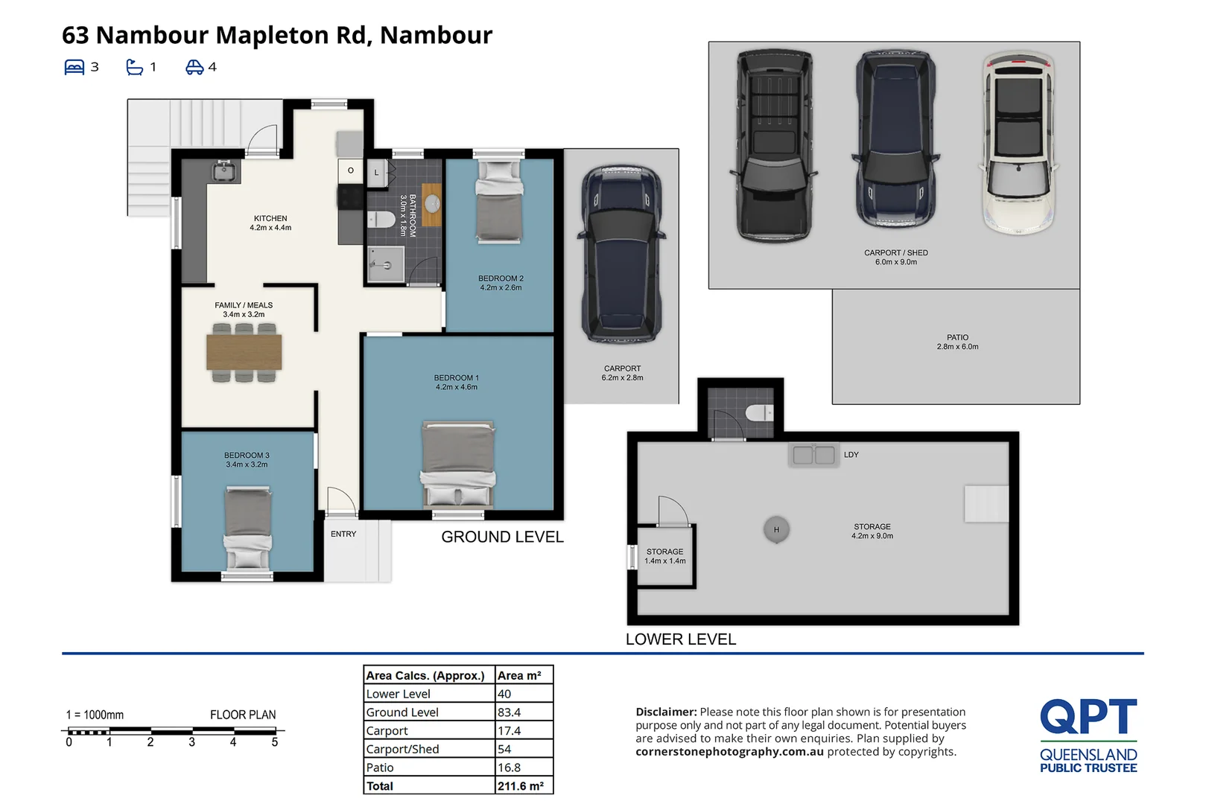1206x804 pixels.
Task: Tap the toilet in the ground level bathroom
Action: tap(381, 219)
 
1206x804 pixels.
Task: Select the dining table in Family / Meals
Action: tap(244, 352)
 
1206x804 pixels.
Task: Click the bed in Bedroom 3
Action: tap(247, 527)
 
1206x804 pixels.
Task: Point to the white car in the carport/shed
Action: tap(1018, 143)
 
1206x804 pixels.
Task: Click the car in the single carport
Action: tap(622, 254)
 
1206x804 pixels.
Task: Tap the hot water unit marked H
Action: tap(776, 529)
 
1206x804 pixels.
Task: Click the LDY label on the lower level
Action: tap(851, 455)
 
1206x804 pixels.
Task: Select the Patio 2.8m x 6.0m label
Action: tap(957, 342)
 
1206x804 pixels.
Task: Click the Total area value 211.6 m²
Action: tap(521, 785)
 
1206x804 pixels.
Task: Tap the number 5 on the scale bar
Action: tap(275, 742)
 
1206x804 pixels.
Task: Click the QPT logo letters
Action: tap(1088, 716)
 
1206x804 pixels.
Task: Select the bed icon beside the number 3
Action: tap(74, 67)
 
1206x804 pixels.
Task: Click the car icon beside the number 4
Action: tap(194, 67)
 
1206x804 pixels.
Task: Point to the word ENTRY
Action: tap(343, 534)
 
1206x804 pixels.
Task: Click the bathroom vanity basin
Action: tap(432, 204)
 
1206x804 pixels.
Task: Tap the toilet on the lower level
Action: tap(759, 412)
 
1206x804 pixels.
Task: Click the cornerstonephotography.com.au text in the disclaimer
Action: tap(729, 752)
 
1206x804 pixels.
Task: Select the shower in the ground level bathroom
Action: tap(386, 264)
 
